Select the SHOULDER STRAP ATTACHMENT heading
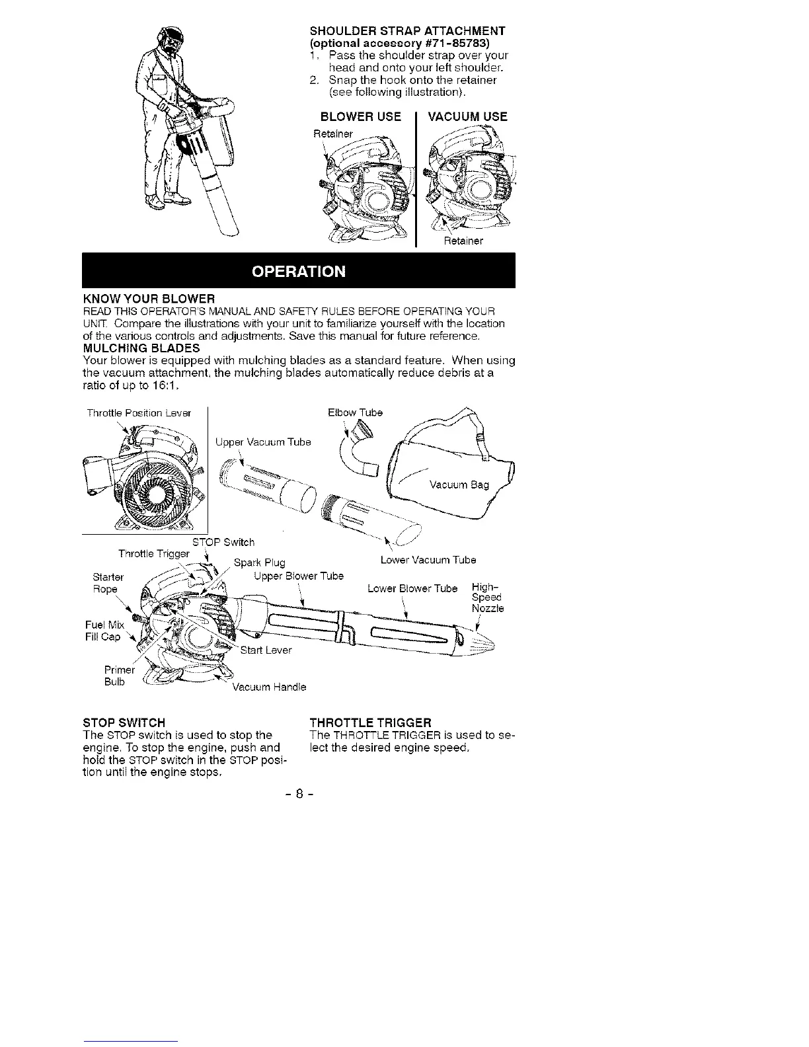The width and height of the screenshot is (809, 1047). [x=408, y=31]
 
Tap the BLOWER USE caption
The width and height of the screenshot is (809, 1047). [x=360, y=117]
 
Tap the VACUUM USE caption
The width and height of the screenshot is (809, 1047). [x=468, y=117]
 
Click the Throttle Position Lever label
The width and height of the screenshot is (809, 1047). [x=139, y=413]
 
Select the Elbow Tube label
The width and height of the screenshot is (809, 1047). [x=355, y=412]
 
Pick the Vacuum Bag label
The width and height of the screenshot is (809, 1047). [x=459, y=485]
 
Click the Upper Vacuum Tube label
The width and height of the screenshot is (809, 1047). [x=263, y=442]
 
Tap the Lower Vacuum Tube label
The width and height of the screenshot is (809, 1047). [x=428, y=561]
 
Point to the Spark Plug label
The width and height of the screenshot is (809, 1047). [x=260, y=563]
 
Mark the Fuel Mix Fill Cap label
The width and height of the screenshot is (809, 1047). [x=104, y=631]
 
